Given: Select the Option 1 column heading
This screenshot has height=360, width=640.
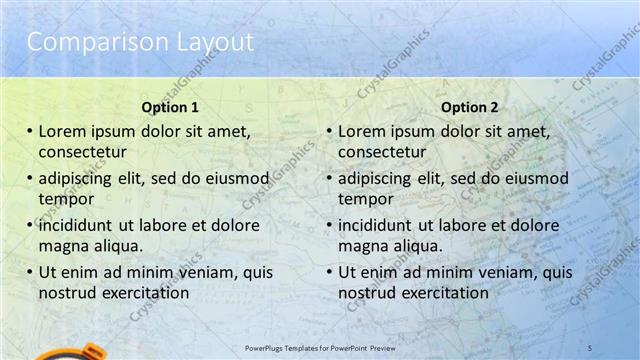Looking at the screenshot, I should click(170, 106).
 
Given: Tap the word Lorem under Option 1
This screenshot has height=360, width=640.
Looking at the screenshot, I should click(62, 131).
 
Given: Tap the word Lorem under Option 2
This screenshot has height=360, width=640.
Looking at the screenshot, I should click(361, 131).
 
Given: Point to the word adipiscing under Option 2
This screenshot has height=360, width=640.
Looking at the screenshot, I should click(375, 178).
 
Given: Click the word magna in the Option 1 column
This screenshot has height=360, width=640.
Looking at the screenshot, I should click(62, 246).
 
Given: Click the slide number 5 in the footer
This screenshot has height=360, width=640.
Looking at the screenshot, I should click(590, 347).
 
